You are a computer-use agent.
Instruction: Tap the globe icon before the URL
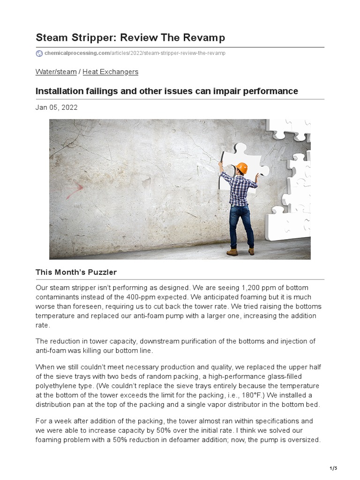[x=39, y=53]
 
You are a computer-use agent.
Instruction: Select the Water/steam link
[x=56, y=72]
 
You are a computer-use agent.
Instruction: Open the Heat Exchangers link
[x=110, y=72]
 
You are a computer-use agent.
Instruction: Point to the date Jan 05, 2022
[x=57, y=107]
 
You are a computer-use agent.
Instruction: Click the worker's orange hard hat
[x=242, y=167]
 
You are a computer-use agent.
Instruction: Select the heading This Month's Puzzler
[x=76, y=272]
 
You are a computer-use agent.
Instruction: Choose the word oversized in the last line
[x=303, y=440]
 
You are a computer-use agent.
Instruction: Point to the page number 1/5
[x=333, y=468]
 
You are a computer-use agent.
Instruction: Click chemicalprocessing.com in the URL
[x=77, y=53]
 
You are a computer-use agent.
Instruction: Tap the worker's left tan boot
[x=232, y=252]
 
